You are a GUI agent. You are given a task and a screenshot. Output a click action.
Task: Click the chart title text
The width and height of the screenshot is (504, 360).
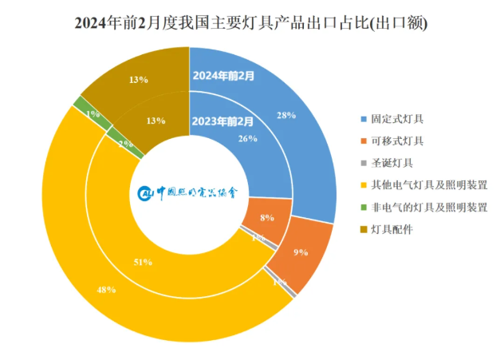pyautogui.click(x=251, y=23)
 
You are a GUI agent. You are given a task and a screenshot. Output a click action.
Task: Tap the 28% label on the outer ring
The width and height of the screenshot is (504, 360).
pyautogui.click(x=285, y=115)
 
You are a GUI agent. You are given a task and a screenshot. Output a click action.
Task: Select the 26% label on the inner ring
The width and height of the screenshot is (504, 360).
pyautogui.click(x=248, y=138)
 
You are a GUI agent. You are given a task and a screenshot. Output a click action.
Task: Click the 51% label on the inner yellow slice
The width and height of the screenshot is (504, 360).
pyautogui.click(x=143, y=261)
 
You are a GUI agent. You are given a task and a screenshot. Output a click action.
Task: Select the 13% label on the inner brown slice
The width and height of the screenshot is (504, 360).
pyautogui.click(x=156, y=121)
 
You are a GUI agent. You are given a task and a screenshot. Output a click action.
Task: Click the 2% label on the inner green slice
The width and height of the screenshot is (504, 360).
pyautogui.click(x=125, y=144)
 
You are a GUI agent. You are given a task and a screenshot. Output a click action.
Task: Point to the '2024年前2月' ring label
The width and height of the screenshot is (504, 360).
pyautogui.click(x=223, y=77)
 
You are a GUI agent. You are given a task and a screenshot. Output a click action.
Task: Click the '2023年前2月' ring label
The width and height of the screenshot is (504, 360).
pyautogui.click(x=223, y=122)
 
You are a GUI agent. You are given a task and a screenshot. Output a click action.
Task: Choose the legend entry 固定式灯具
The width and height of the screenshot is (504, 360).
pyautogui.click(x=396, y=119)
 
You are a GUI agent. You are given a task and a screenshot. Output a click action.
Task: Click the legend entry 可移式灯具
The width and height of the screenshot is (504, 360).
pyautogui.click(x=396, y=141)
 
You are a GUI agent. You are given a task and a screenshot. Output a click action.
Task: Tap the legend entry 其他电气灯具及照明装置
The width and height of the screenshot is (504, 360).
pyautogui.click(x=428, y=185)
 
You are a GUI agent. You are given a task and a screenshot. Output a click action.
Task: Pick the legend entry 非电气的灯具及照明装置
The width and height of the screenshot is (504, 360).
pyautogui.click(x=428, y=208)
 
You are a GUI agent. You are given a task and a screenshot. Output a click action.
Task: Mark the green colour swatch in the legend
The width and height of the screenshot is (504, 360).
pyautogui.click(x=364, y=208)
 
